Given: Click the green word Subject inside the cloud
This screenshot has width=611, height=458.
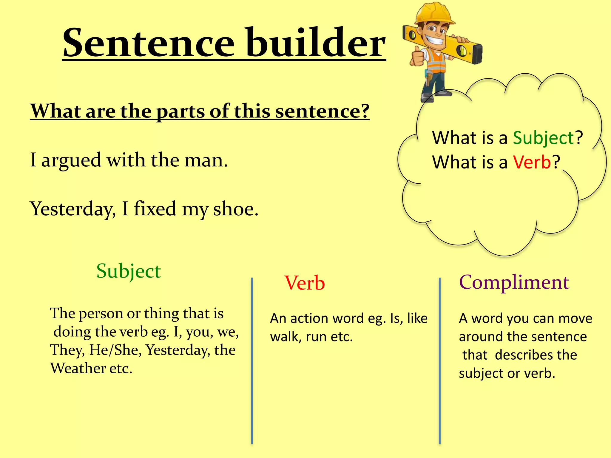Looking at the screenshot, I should [x=543, y=138].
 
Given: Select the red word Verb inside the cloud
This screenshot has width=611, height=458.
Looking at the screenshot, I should [x=532, y=163].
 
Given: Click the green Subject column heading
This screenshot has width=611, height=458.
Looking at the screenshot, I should [x=129, y=271].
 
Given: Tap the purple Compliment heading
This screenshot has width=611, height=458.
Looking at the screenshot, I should [x=514, y=282].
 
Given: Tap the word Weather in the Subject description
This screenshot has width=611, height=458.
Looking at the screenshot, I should [x=78, y=368].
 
